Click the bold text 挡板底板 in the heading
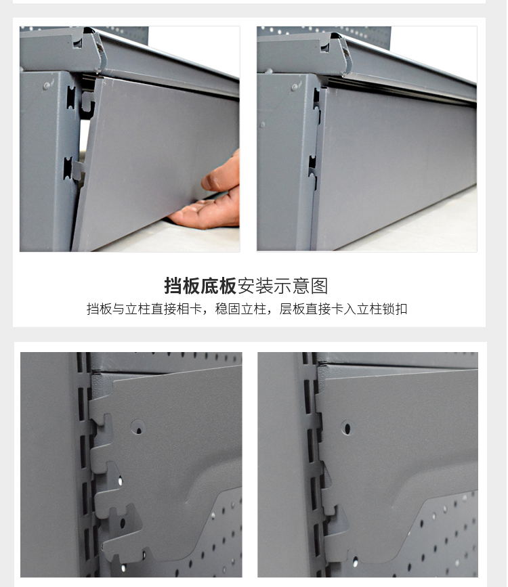[x=200, y=286]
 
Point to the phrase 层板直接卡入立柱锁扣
[x=343, y=309]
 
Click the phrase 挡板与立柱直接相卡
[x=144, y=309]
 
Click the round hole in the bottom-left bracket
[x=139, y=427]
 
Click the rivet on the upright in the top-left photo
[x=47, y=86]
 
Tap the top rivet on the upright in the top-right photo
[x=295, y=87]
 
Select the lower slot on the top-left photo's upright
[x=68, y=168]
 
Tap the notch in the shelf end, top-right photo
[x=325, y=47]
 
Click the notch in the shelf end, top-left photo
[x=78, y=43]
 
